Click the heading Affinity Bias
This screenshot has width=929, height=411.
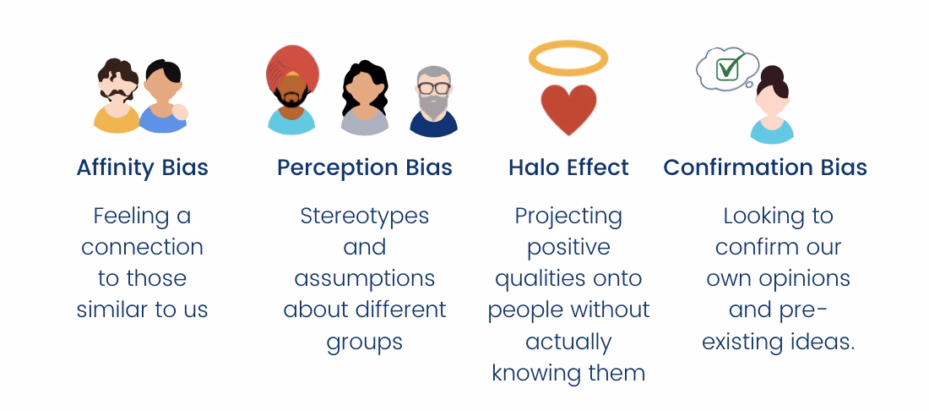click(x=142, y=167)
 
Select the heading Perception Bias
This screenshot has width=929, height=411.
click(x=364, y=167)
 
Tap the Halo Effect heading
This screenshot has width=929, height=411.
click(x=568, y=167)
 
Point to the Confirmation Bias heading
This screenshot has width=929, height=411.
click(x=765, y=167)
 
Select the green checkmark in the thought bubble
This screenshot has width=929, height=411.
click(x=729, y=67)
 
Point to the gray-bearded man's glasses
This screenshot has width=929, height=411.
click(x=434, y=87)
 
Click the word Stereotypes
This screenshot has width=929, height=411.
click(x=364, y=216)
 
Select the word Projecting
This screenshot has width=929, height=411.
click(x=568, y=216)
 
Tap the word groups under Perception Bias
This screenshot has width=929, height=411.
click(x=364, y=342)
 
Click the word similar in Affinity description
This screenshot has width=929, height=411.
click(x=111, y=310)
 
